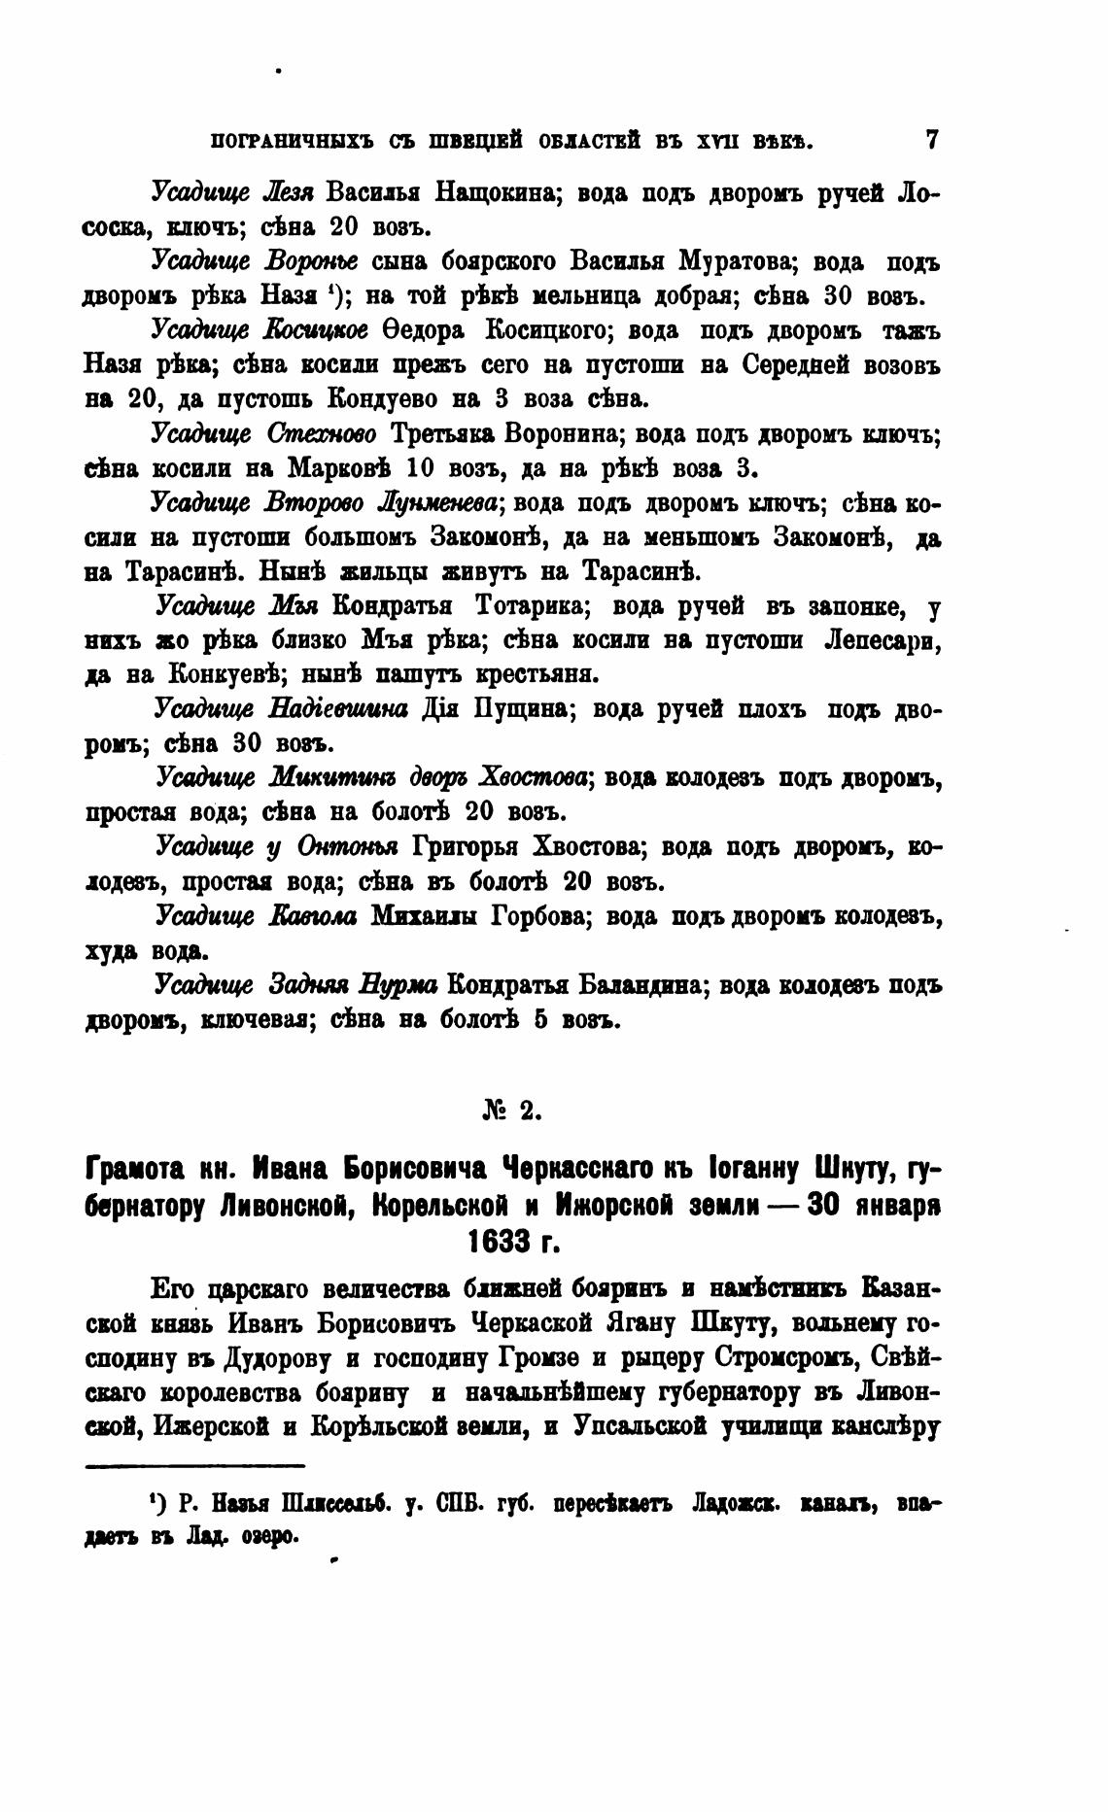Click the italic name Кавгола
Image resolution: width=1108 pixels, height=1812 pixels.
(313, 917)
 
